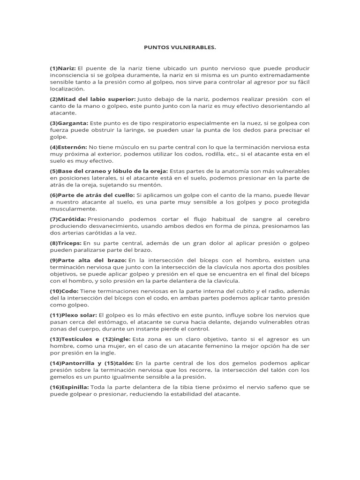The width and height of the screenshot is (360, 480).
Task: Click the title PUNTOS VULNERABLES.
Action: pyautogui.click(x=180, y=47)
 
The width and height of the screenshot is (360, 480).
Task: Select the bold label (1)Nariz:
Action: pyautogui.click(x=63, y=68)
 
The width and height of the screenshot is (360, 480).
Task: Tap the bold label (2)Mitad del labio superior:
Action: pyautogui.click(x=93, y=99)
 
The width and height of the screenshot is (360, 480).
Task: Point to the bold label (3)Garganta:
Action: pyautogui.click(x=68, y=123)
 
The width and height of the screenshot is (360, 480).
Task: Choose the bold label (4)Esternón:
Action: pyautogui.click(x=68, y=147)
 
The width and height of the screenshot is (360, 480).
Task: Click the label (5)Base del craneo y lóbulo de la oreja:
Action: pyautogui.click(x=109, y=171)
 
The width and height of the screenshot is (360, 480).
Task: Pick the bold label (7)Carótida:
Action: pyautogui.click(x=67, y=219)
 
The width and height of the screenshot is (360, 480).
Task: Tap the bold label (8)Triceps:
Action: pyautogui.click(x=66, y=243)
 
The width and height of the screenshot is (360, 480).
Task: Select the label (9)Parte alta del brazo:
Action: pyautogui.click(x=88, y=260)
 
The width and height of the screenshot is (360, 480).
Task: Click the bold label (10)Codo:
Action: pyautogui.click(x=65, y=291)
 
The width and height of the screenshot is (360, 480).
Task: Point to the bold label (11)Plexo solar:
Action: pyautogui.click(x=74, y=315)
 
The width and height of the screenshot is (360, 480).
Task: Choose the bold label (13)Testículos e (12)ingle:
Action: pyautogui.click(x=90, y=339)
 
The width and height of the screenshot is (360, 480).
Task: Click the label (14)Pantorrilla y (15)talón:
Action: pyautogui.click(x=92, y=363)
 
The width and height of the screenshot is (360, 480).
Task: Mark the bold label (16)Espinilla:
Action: pyautogui.click(x=69, y=387)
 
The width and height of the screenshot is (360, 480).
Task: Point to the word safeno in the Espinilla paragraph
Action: pyautogui.click(x=277, y=387)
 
